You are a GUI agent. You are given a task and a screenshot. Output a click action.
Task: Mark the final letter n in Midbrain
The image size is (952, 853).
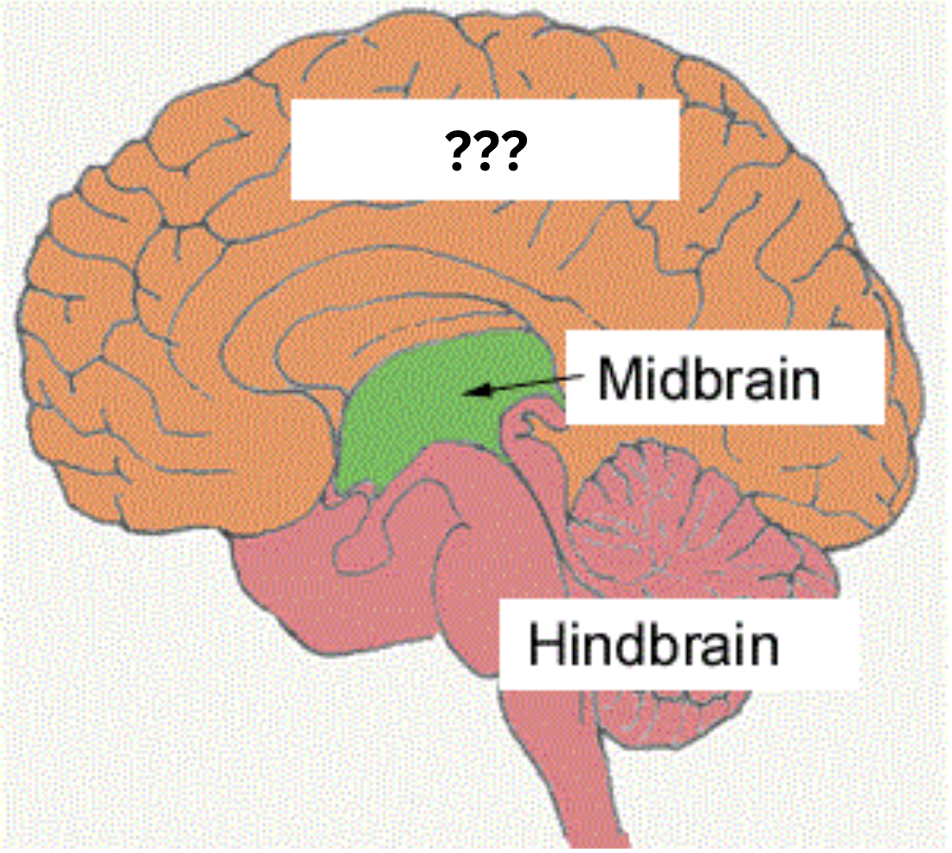point(805,383)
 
